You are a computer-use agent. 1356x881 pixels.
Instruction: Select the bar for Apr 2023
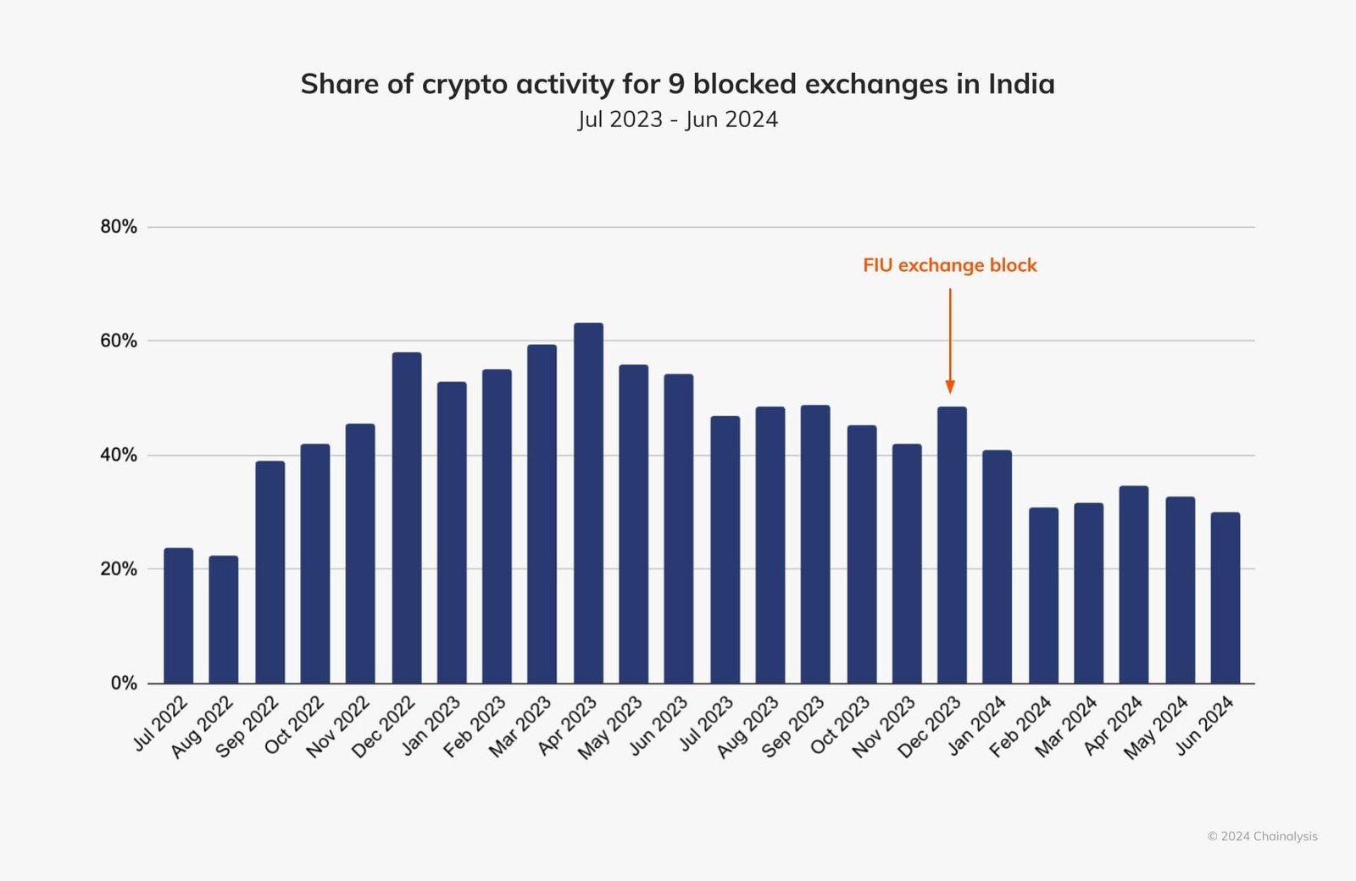(x=588, y=503)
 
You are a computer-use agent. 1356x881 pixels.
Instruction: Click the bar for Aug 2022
(x=224, y=619)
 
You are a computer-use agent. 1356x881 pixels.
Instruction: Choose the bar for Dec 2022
(x=407, y=518)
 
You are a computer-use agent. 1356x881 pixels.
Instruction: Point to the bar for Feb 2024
(x=1043, y=596)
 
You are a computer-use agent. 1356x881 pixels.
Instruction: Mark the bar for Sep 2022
(x=270, y=572)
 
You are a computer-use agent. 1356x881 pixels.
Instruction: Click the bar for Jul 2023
(x=725, y=550)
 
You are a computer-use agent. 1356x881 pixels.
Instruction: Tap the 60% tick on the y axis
(x=119, y=341)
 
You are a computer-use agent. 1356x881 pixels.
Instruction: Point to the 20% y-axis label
(x=119, y=569)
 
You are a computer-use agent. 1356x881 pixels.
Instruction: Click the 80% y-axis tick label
(x=119, y=227)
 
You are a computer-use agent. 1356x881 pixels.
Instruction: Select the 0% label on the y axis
(x=124, y=684)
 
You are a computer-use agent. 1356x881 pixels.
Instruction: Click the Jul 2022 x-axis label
(x=161, y=723)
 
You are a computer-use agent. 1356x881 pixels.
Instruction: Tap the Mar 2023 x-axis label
(x=520, y=727)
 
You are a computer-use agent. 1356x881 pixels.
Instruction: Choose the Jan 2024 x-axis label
(x=977, y=725)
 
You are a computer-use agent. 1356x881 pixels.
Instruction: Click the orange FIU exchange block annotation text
(x=949, y=265)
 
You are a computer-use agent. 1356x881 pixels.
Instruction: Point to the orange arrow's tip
(x=950, y=391)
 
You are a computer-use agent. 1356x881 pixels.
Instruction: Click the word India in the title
(x=1021, y=84)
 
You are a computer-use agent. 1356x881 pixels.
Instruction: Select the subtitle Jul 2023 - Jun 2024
(x=678, y=119)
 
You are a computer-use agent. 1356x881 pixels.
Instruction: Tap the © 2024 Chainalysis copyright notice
(x=1262, y=836)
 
